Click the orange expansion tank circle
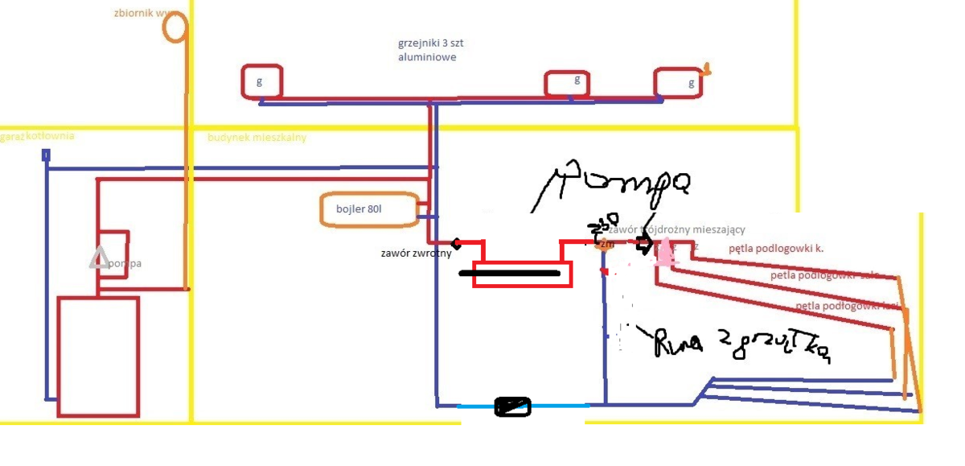[x=175, y=27]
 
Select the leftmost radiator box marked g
[x=261, y=81]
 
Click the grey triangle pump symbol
[x=99, y=258]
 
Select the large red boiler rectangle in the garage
[x=98, y=356]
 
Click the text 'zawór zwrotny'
[x=415, y=253]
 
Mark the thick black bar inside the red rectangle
[x=509, y=274]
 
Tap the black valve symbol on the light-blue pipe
[x=513, y=407]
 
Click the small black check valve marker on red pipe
[x=456, y=243]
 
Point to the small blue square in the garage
[x=46, y=155]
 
